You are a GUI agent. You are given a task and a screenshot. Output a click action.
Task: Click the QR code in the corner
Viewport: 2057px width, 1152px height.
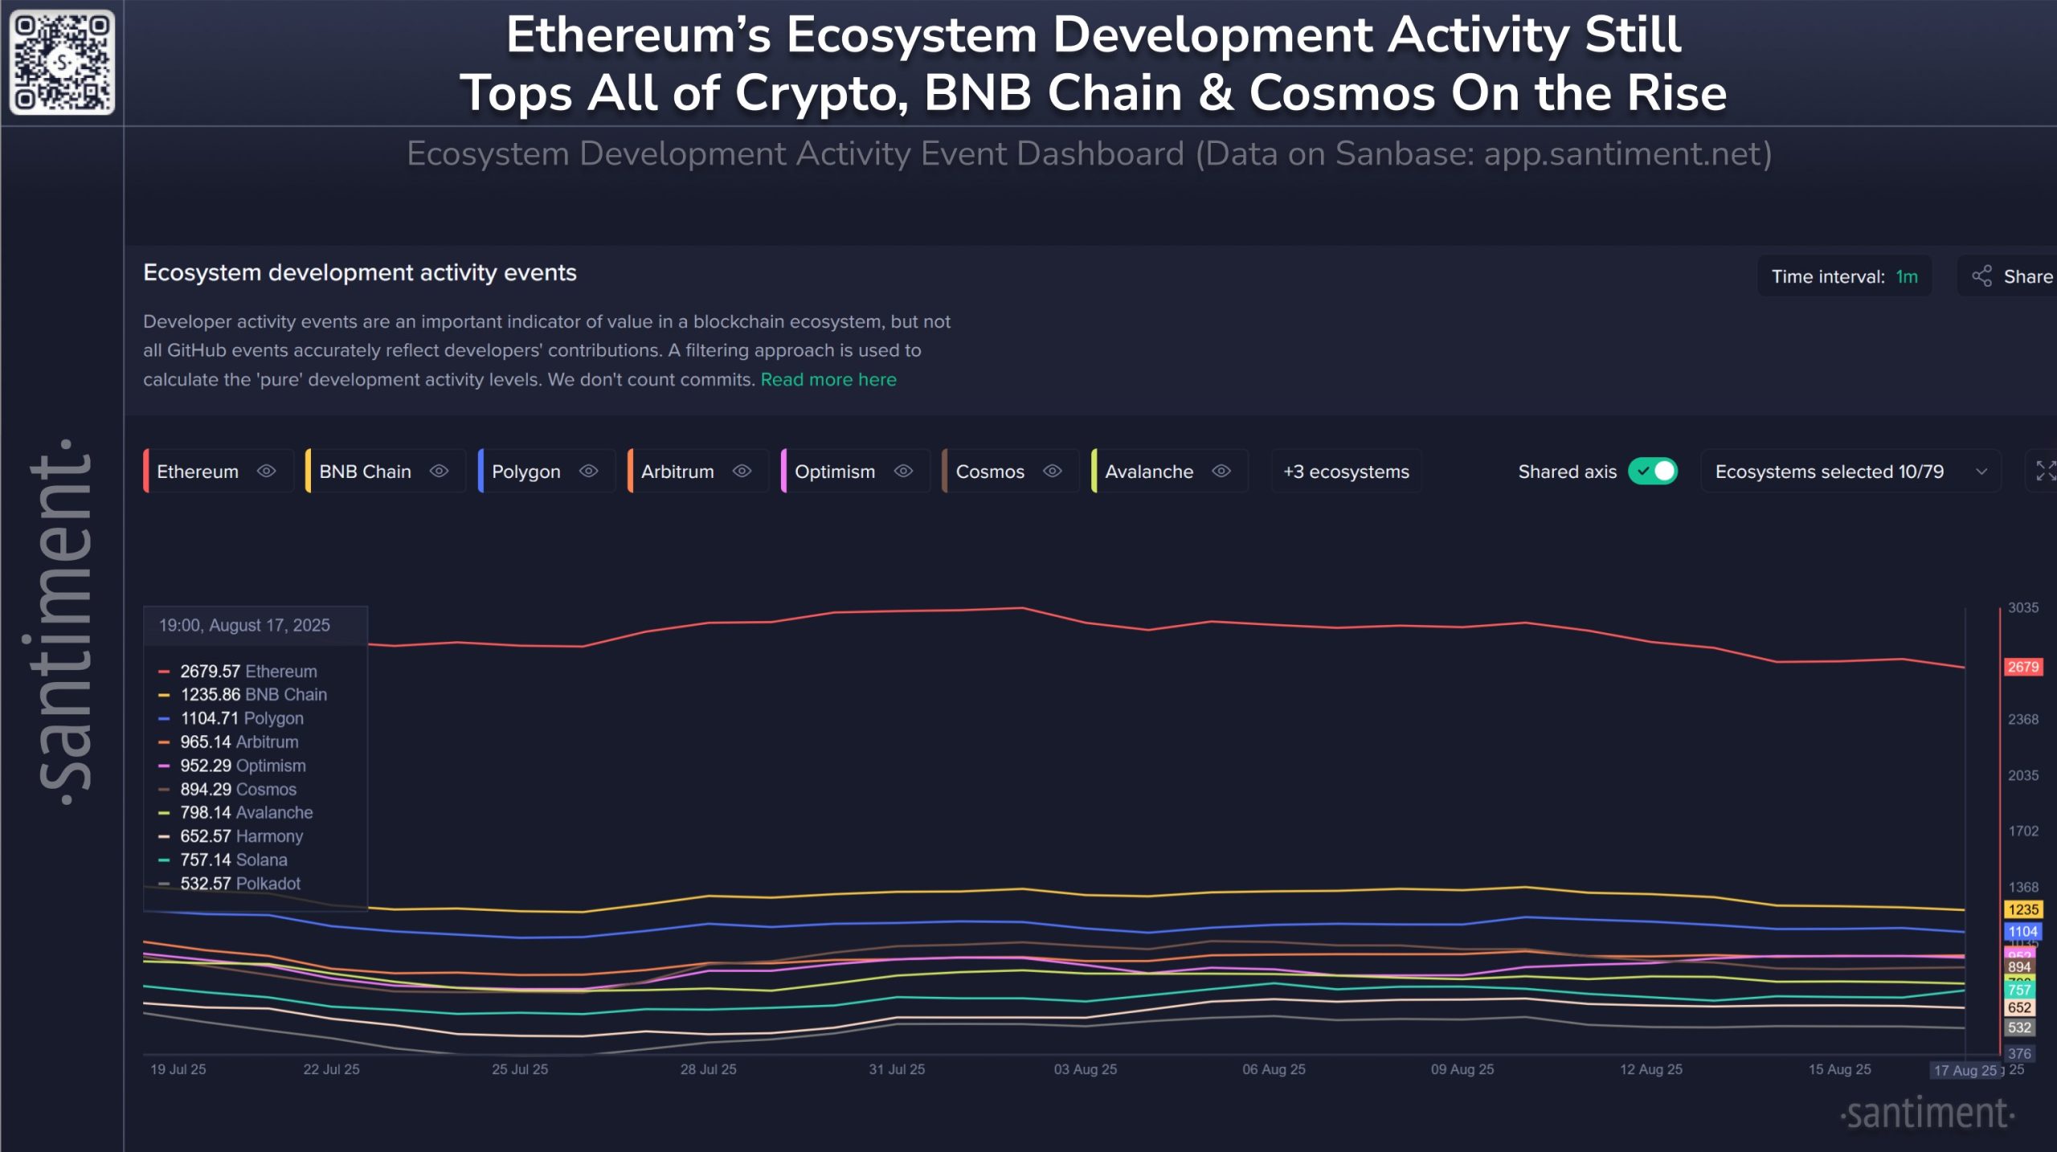coord(62,62)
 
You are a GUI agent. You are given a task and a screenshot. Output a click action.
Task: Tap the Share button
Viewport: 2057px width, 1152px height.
coord(2013,276)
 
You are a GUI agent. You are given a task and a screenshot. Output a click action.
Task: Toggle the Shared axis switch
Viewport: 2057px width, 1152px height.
coord(1653,472)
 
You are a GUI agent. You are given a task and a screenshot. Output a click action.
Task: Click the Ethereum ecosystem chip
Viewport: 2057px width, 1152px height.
coord(198,472)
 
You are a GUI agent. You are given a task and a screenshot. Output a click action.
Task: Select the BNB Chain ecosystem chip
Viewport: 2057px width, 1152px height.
coord(365,472)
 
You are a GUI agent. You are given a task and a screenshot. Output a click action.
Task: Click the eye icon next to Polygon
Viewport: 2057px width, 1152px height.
coord(589,472)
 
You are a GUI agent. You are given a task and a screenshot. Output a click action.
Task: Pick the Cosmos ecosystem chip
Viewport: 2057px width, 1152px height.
coord(990,472)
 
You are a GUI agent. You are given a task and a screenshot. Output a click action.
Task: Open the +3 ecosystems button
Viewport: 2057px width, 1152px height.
coord(1346,472)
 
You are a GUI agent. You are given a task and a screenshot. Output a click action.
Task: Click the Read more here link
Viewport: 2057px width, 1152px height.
coord(828,379)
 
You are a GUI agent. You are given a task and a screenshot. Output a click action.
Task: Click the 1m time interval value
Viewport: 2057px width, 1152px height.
coord(1906,276)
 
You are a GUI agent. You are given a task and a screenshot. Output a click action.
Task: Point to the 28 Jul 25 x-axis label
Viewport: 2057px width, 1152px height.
coord(708,1069)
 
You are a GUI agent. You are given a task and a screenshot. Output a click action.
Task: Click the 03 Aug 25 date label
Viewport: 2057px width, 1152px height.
coord(1085,1069)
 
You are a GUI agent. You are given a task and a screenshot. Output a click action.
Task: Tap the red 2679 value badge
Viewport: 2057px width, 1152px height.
coord(2022,667)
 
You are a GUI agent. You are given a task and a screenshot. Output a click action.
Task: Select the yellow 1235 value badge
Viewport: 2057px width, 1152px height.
coord(2022,909)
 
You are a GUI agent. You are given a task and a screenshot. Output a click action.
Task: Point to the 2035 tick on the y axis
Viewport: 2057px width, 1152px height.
coord(2022,775)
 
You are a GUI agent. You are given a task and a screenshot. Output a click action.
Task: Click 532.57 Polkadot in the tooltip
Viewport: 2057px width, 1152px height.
coord(239,884)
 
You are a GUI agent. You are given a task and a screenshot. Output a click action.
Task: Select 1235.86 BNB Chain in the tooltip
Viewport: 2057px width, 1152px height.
coord(253,695)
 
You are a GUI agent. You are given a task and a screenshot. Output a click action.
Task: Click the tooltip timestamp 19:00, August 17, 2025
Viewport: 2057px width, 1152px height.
coord(244,625)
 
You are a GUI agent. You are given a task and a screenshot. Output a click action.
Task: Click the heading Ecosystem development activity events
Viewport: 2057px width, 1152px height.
coord(359,273)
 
